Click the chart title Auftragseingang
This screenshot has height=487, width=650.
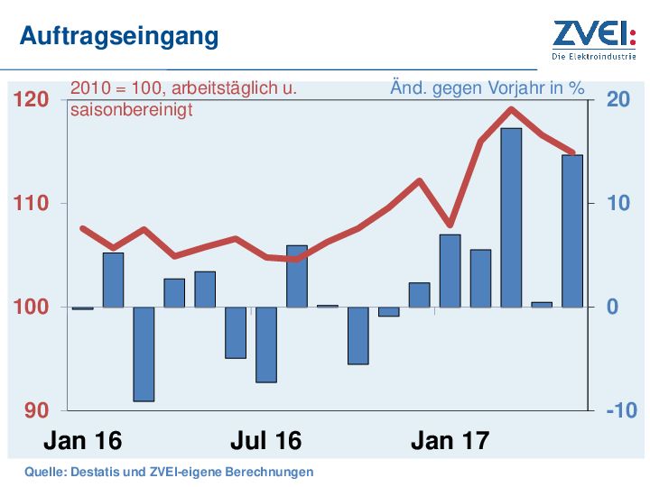tap(119, 36)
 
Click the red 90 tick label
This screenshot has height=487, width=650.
tap(34, 411)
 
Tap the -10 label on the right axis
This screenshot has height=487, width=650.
tap(620, 411)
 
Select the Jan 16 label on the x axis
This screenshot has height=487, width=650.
tap(82, 441)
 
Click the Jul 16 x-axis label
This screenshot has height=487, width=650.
tap(265, 441)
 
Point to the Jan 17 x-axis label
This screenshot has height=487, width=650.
tap(450, 441)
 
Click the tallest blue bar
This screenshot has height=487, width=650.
tap(511, 217)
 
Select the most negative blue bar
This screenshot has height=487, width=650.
tap(144, 354)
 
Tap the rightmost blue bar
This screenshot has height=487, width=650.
tap(572, 231)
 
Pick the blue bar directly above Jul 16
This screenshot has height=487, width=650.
tap(266, 345)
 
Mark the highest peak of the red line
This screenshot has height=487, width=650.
tap(511, 109)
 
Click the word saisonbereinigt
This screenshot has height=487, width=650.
tap(131, 110)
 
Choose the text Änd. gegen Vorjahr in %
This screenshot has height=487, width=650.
tap(487, 89)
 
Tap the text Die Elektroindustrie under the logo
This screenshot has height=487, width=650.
tap(593, 56)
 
